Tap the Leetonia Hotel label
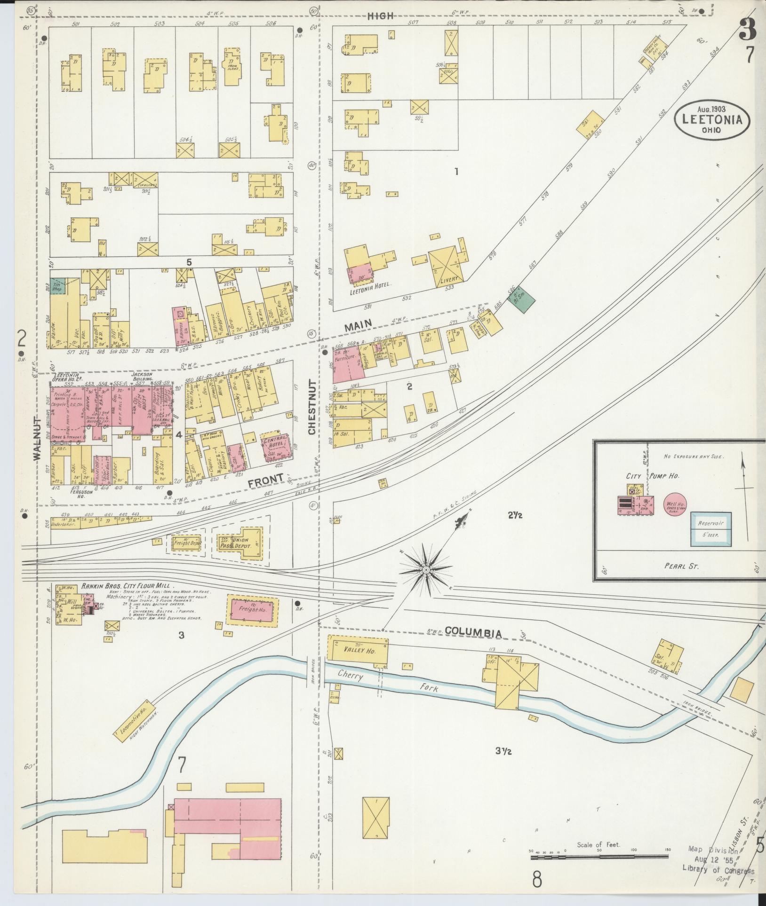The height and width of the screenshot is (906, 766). point(371,290)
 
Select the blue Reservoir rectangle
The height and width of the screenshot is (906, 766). point(710,528)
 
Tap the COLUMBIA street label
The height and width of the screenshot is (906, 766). point(473,632)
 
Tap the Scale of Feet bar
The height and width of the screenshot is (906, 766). point(599,857)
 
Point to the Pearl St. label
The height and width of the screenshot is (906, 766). point(681,566)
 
